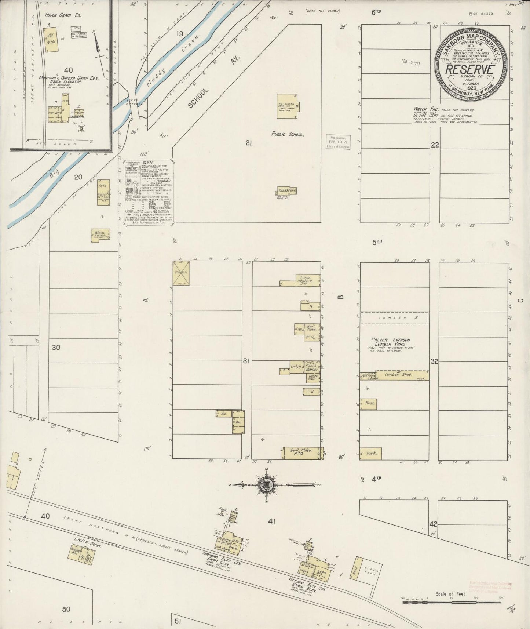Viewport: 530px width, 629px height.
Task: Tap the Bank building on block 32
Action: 371,454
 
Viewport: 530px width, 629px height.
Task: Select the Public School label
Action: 287,134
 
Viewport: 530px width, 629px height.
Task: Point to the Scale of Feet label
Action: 450,593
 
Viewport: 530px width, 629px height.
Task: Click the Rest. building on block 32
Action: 368,403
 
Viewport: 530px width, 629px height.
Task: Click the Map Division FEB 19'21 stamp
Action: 337,142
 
